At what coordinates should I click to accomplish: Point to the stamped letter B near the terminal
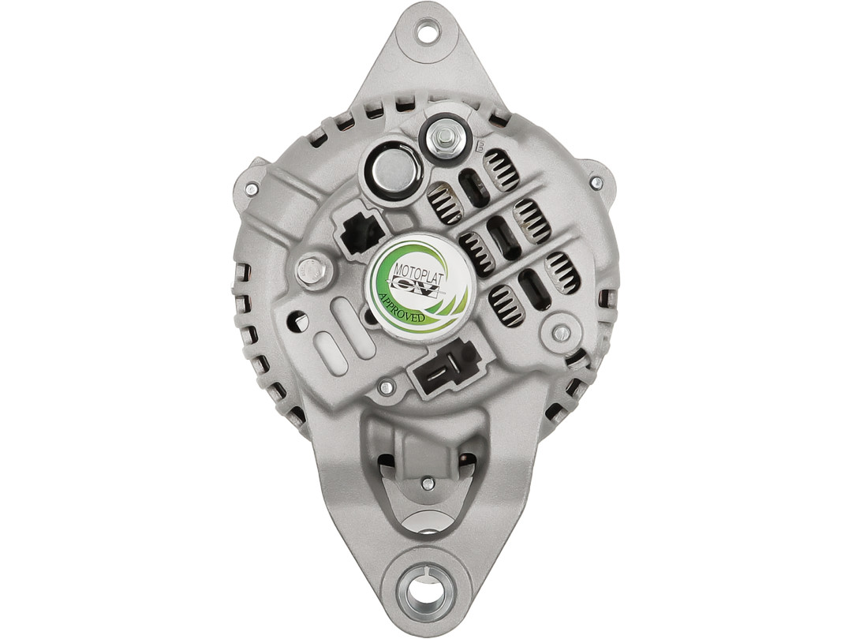click(480, 146)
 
